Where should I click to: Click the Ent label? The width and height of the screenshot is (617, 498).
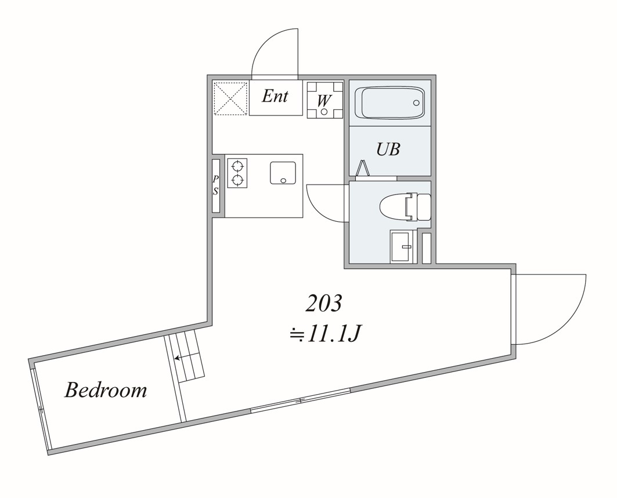click(275, 96)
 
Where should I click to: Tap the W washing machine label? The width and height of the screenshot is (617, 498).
click(324, 100)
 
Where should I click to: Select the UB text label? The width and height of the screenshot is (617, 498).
click(388, 149)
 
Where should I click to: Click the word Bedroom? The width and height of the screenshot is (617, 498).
click(106, 389)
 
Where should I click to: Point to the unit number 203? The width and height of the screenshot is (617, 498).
click(324, 302)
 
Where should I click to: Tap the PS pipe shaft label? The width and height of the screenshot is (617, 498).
click(216, 185)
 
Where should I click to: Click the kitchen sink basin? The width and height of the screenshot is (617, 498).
click(283, 173)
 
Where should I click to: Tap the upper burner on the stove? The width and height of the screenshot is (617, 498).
click(237, 165)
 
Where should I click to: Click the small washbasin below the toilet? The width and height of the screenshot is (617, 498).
click(400, 247)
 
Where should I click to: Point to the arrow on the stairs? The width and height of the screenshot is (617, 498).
click(177, 358)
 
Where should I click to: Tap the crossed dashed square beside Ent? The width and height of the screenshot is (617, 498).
click(230, 98)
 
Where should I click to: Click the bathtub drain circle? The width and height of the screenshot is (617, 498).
click(416, 103)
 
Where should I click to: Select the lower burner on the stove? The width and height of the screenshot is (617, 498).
click(237, 180)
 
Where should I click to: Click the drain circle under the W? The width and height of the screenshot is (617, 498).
click(324, 111)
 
